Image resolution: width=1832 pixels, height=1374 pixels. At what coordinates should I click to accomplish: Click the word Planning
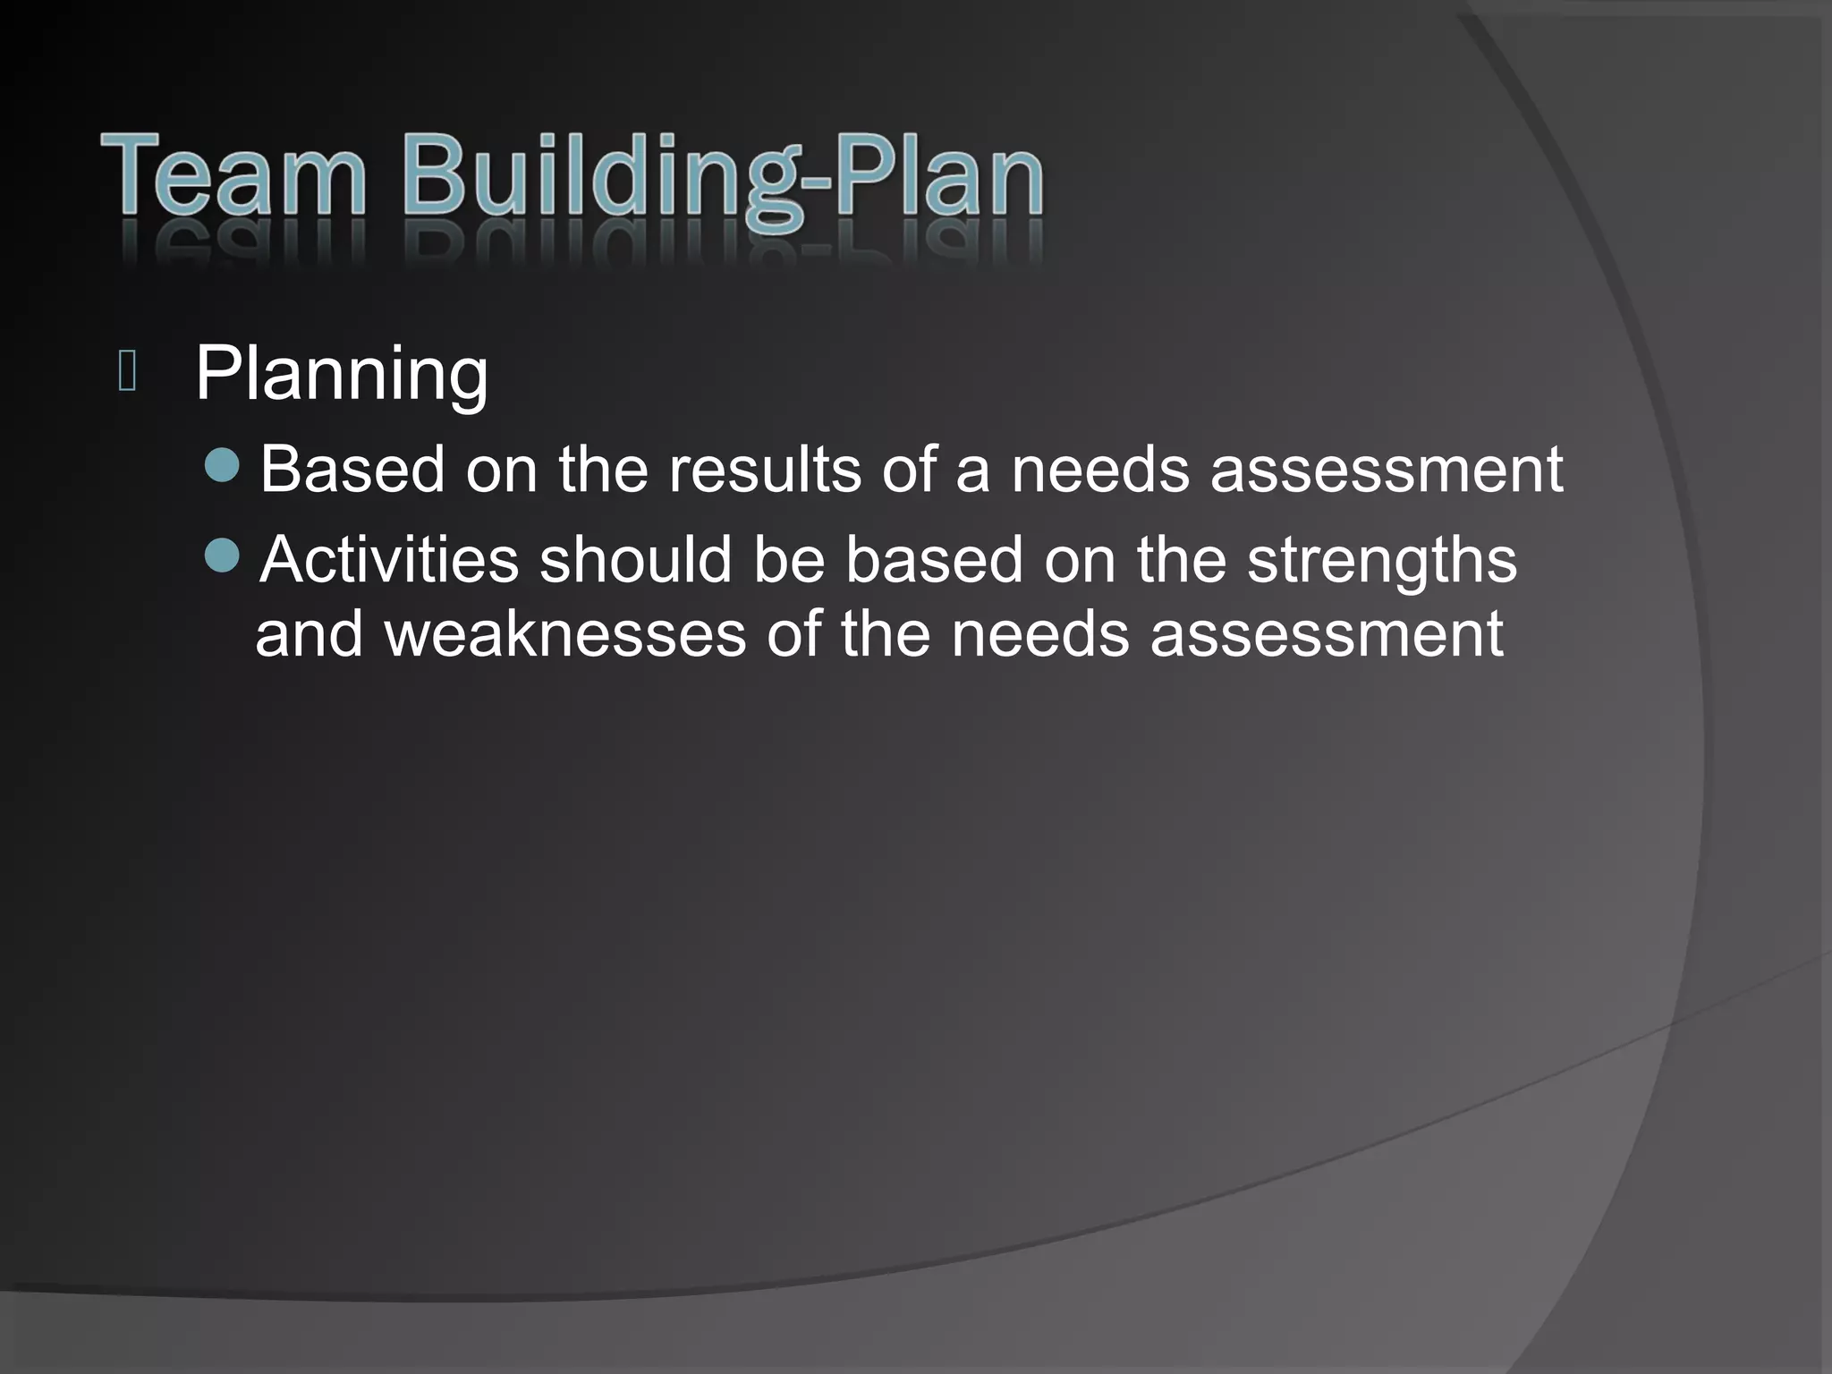pyautogui.click(x=342, y=374)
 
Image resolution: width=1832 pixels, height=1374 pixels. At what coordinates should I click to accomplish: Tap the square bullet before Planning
pyautogui.click(x=127, y=372)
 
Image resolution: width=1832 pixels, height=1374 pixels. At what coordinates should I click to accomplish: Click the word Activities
pyautogui.click(x=390, y=560)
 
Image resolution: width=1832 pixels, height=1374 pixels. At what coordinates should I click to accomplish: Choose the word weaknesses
pyautogui.click(x=565, y=635)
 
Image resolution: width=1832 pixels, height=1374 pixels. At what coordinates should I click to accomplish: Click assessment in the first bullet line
pyautogui.click(x=1387, y=471)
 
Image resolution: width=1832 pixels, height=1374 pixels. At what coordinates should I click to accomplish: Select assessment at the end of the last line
pyautogui.click(x=1327, y=635)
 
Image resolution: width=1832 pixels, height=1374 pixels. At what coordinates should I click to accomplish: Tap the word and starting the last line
pyautogui.click(x=310, y=635)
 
